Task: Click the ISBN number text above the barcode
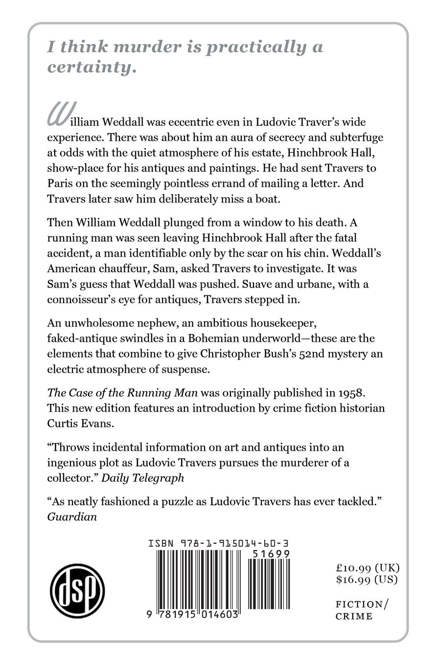pos(218,543)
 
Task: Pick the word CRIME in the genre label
pos(354,616)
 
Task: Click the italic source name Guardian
pos(72,516)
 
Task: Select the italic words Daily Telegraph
pos(142,478)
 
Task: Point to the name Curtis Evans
pos(80,423)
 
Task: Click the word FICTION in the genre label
pos(359,604)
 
